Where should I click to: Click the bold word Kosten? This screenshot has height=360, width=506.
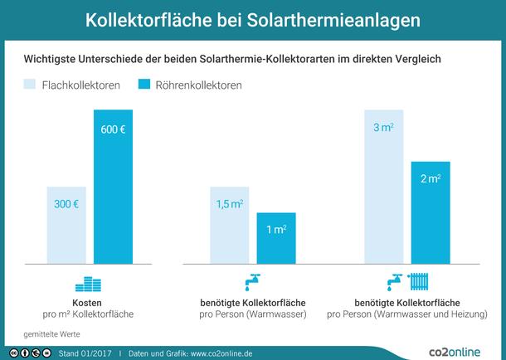[89, 302]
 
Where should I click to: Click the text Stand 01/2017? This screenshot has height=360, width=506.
[85, 353]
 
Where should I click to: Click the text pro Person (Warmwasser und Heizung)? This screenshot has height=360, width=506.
[406, 314]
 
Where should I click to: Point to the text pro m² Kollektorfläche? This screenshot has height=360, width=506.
[89, 314]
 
